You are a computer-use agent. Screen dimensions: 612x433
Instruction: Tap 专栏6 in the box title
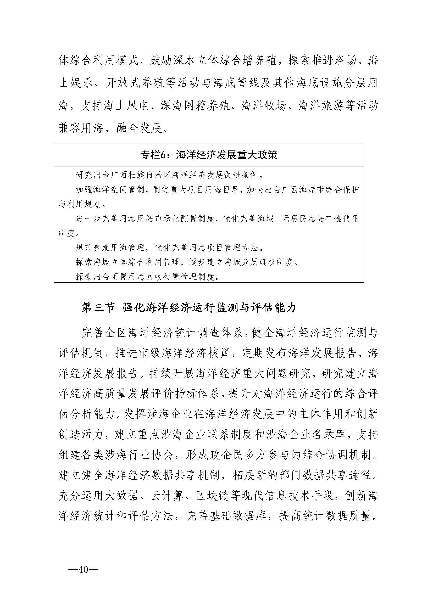point(154,155)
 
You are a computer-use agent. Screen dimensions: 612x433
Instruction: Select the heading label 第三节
point(98,308)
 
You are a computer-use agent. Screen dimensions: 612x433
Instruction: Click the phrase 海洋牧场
point(264,106)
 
